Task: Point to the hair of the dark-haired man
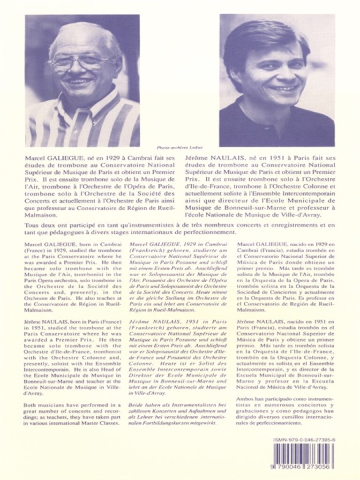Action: pos(262,37)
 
